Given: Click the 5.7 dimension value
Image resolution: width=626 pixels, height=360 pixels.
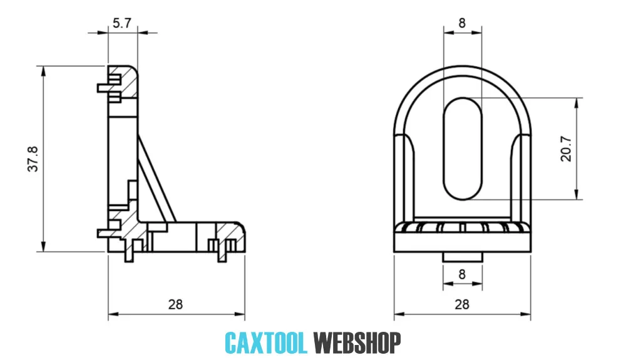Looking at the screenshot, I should (x=122, y=23).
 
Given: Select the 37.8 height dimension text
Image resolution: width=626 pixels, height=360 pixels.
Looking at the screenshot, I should (x=33, y=159).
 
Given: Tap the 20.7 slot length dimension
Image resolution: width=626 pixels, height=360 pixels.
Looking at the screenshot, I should (x=567, y=148).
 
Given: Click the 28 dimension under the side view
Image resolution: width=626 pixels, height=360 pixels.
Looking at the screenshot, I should (x=175, y=304).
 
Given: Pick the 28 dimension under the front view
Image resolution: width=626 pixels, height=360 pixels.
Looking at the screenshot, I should (x=462, y=304).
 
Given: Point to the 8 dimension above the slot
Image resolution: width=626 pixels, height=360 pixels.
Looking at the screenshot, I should (x=462, y=23).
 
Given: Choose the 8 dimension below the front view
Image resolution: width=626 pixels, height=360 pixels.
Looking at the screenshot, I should (x=462, y=274).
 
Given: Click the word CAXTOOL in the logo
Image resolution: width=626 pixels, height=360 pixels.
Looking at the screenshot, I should (x=265, y=342).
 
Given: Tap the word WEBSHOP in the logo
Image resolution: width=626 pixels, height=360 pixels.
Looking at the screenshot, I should (x=357, y=342).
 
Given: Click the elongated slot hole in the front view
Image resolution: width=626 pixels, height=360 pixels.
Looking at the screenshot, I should (x=463, y=148).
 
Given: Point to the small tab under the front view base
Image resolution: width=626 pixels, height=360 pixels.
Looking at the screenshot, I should (x=463, y=256).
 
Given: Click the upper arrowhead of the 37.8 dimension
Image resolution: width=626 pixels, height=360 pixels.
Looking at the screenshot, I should (x=44, y=70).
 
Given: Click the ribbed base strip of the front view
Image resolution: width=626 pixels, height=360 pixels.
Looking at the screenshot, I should (x=463, y=227).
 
